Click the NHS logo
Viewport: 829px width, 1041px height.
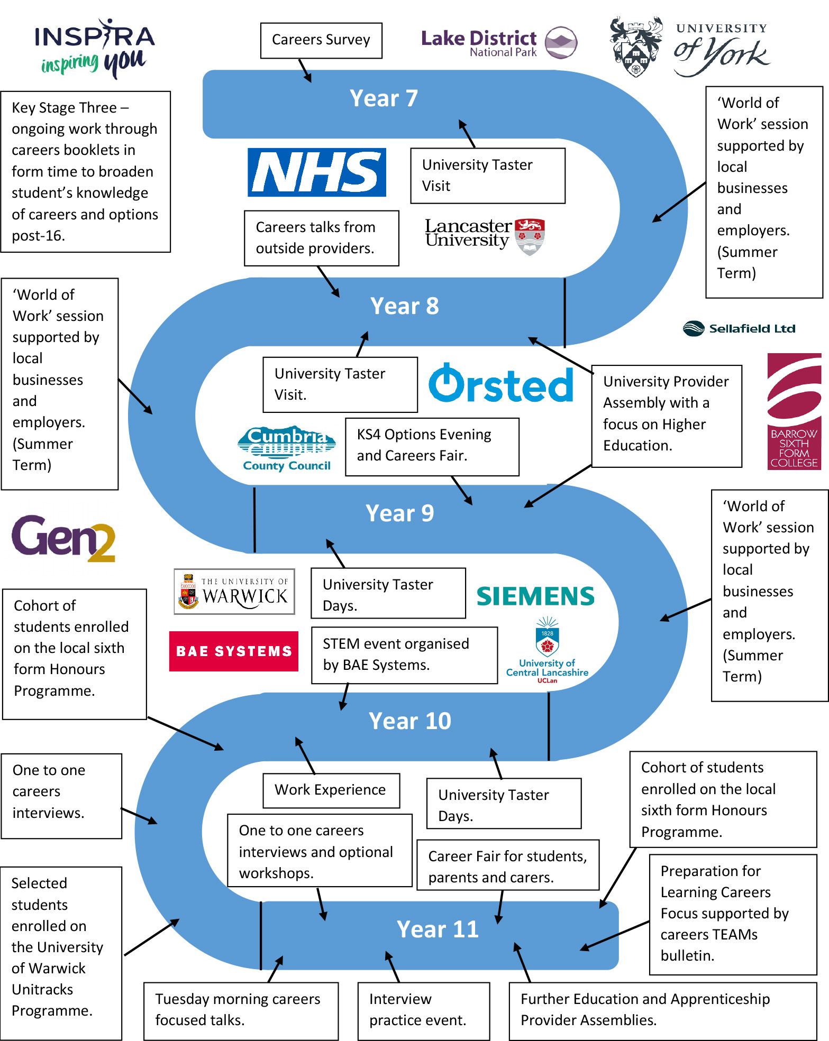316,172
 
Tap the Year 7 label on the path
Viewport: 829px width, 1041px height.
384,99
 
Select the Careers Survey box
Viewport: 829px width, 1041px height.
321,40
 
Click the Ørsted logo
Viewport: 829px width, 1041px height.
500,384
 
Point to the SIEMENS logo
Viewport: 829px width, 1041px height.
535,596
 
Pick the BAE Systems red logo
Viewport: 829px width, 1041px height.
233,651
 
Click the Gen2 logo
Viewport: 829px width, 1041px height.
63,538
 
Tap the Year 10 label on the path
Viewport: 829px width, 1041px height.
409,721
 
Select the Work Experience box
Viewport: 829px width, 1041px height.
331,790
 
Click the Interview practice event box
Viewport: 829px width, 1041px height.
423,1010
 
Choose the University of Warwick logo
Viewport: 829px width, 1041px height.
234,592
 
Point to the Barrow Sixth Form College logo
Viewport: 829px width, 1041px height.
794,411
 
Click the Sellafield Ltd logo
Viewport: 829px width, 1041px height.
739,328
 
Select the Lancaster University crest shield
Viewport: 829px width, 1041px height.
530,236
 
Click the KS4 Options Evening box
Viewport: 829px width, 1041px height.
432,446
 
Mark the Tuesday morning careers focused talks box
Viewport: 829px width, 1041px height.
241,1010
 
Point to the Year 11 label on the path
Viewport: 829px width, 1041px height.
438,929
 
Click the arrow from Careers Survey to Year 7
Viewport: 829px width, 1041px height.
305,70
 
